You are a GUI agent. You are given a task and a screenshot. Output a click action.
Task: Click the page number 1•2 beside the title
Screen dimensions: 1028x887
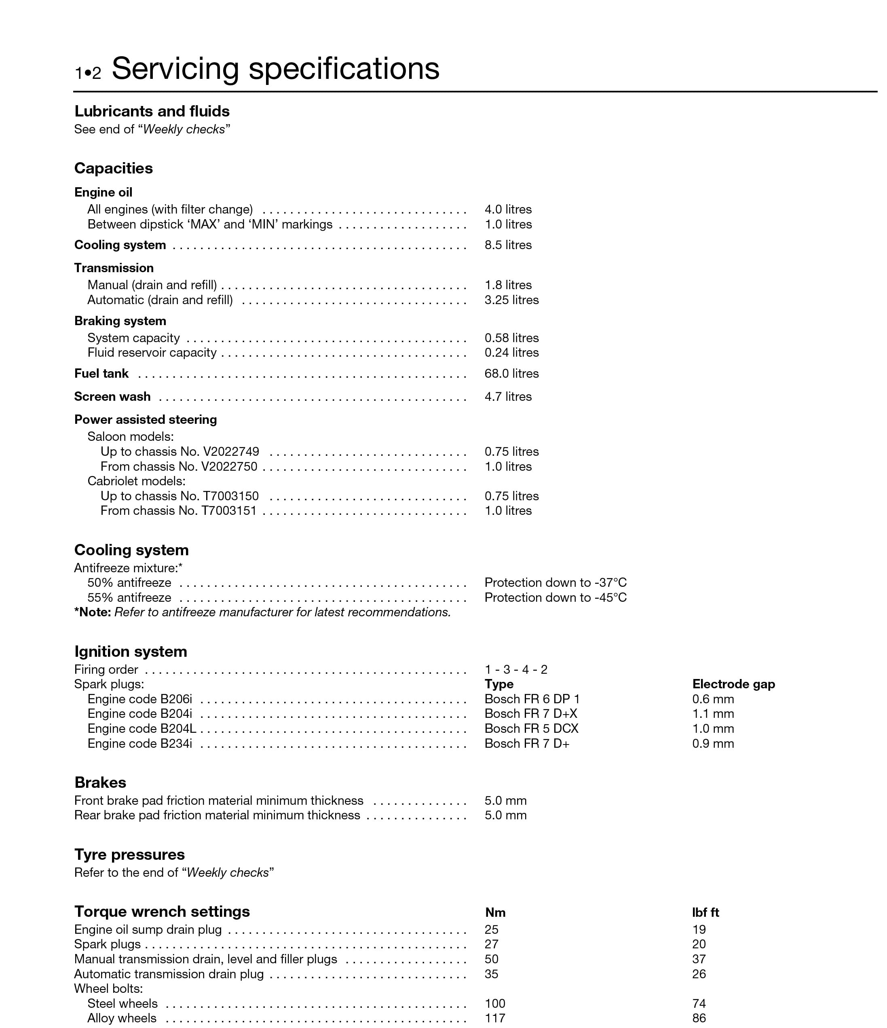[x=88, y=73]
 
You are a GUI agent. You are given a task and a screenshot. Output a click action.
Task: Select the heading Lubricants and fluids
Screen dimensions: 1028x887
[x=152, y=111]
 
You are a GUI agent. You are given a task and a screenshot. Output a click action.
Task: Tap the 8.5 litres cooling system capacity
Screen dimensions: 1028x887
[x=508, y=245]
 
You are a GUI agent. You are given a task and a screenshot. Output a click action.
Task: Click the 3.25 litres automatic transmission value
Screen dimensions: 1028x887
[x=511, y=300]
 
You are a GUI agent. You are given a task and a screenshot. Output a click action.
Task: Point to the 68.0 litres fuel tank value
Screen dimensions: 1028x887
[x=511, y=374]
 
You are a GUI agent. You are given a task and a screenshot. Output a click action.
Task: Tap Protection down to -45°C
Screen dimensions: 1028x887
[x=555, y=598]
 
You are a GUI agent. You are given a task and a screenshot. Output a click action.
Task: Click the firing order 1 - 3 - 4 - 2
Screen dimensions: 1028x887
[x=516, y=670]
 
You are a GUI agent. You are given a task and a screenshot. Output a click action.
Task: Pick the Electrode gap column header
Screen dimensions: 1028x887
[x=733, y=685]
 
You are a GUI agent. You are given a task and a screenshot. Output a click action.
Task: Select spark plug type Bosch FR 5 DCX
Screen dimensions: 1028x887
[x=531, y=729]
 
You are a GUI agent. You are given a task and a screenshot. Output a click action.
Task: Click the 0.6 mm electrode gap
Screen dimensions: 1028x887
[x=713, y=700]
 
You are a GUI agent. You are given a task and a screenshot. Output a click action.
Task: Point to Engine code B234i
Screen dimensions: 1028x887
[x=139, y=744]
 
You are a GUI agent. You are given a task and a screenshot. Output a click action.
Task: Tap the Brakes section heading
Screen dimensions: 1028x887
[x=100, y=783]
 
